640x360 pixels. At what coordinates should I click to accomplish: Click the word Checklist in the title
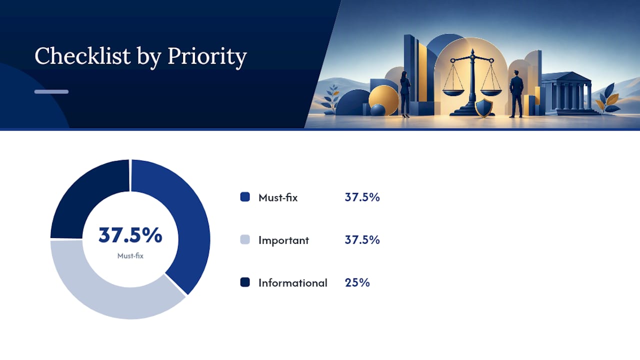point(82,55)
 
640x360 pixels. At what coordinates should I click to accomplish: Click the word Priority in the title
point(207,57)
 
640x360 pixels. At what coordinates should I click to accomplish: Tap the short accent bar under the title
point(51,91)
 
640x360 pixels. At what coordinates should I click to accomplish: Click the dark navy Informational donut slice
point(85,194)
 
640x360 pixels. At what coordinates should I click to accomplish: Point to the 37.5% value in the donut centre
point(130,235)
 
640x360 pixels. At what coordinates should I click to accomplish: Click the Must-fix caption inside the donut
point(130,255)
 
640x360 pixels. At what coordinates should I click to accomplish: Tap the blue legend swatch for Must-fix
point(245,197)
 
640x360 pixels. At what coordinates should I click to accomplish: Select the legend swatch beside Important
point(245,239)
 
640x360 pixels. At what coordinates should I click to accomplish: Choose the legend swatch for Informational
point(245,282)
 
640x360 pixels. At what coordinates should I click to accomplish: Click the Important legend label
point(283,240)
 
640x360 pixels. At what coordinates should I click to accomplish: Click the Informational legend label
point(293,283)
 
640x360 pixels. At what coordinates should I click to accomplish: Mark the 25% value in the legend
point(357,282)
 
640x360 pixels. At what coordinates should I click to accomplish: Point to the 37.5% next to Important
point(362,240)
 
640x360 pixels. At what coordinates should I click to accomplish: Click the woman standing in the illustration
point(405,94)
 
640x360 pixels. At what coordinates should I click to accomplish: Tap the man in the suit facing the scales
point(516,93)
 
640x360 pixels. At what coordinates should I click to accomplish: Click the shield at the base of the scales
point(484,108)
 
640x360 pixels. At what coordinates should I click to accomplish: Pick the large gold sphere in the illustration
point(383,100)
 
